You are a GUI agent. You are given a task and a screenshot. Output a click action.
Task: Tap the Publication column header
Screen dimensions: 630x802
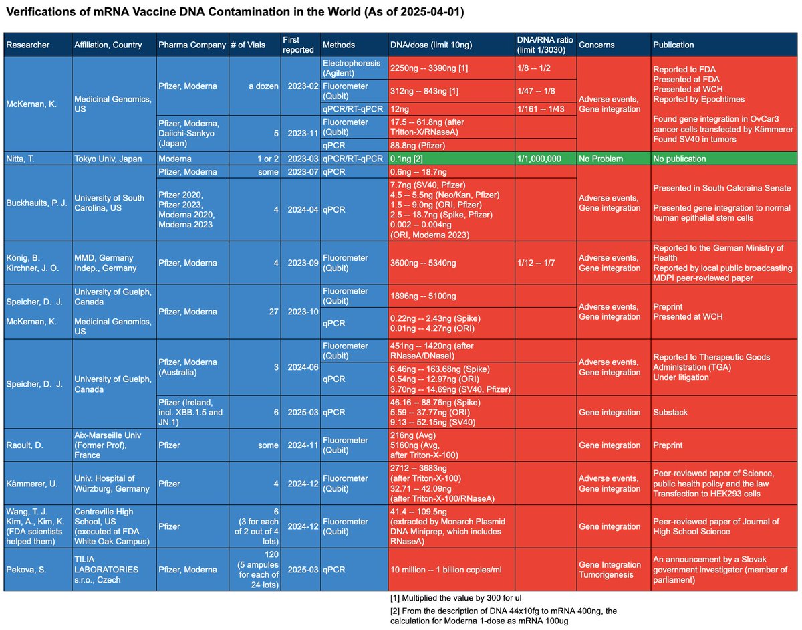674,45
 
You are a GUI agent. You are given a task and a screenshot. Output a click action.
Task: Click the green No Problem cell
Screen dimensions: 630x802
602,159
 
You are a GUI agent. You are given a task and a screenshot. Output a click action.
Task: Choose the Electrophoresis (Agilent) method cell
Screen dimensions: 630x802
345,68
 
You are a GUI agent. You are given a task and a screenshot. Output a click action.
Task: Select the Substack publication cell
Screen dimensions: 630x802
670,413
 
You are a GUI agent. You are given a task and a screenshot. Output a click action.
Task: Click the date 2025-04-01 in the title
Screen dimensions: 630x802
432,13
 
